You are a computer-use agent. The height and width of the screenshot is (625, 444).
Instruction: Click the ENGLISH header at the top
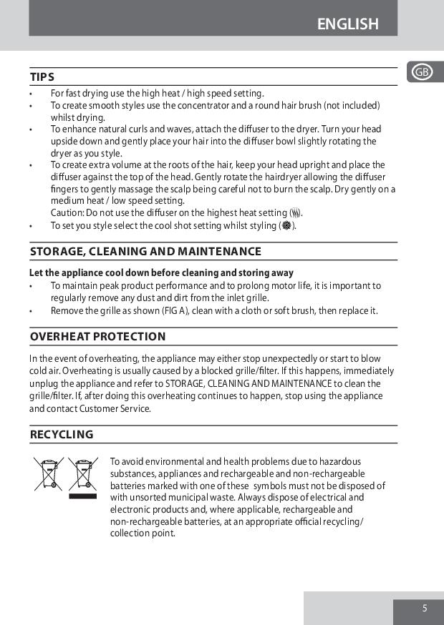[x=347, y=24]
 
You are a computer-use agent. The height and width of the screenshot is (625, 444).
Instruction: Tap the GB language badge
[x=422, y=72]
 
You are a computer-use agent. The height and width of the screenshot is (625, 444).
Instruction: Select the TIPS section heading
[x=42, y=77]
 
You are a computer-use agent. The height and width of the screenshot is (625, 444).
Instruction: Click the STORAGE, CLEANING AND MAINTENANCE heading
[x=145, y=251]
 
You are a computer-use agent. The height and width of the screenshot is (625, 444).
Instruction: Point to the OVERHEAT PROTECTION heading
[x=97, y=336]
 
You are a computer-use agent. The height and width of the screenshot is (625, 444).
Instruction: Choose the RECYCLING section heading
[x=62, y=434]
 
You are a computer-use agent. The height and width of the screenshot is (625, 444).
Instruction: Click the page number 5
[x=425, y=609]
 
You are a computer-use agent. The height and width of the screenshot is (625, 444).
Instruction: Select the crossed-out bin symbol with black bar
[x=83, y=475]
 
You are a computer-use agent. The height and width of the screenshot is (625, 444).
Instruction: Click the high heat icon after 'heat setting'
[x=295, y=213]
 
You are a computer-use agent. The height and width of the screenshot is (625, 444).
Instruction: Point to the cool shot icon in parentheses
[x=286, y=226]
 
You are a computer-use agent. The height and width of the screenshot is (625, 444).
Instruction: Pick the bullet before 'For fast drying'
[x=32, y=94]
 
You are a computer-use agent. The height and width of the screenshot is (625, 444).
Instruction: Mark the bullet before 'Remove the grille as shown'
[x=32, y=311]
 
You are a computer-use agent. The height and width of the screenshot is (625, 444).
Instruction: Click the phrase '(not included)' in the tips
[x=352, y=106]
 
